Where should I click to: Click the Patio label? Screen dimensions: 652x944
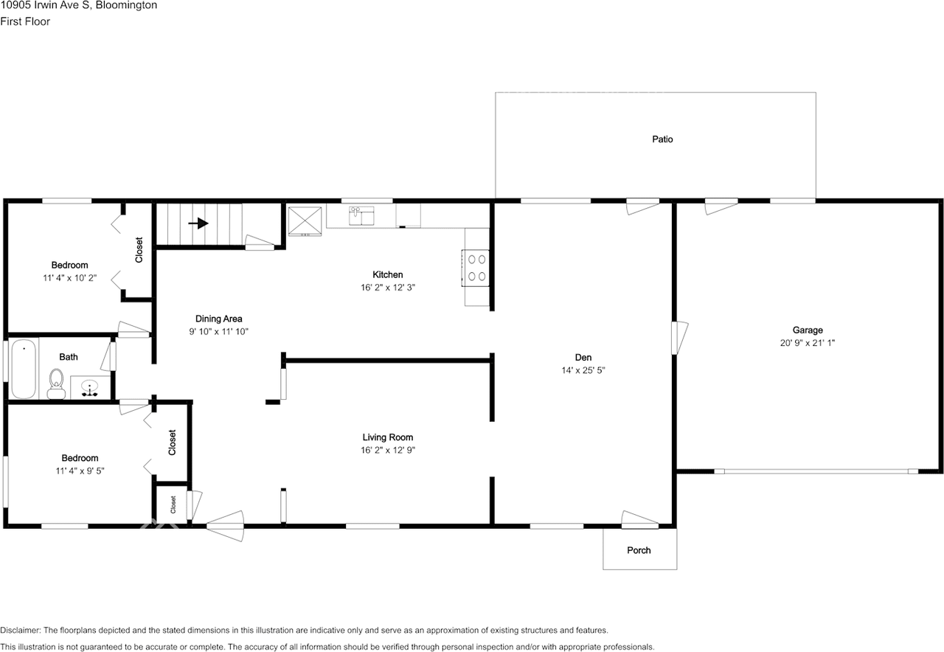coord(662,139)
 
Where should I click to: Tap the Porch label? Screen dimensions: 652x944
coord(639,550)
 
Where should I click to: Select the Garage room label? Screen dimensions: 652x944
coord(808,330)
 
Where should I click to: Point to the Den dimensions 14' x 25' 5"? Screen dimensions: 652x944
coord(583,370)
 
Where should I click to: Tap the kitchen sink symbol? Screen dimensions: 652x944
coord(361,215)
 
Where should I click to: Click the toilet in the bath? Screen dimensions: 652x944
coord(55,382)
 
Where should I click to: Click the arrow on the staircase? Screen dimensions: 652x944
coord(198,223)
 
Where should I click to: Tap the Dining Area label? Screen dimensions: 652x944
coord(218,319)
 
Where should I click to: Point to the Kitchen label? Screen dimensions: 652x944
coord(387,274)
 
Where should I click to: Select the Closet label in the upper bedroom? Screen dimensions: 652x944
coord(139,249)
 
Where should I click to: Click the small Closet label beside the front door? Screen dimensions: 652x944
coord(173,504)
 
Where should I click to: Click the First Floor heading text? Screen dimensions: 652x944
coord(25,21)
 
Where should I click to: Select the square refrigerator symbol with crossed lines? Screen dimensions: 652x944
coord(305,220)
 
